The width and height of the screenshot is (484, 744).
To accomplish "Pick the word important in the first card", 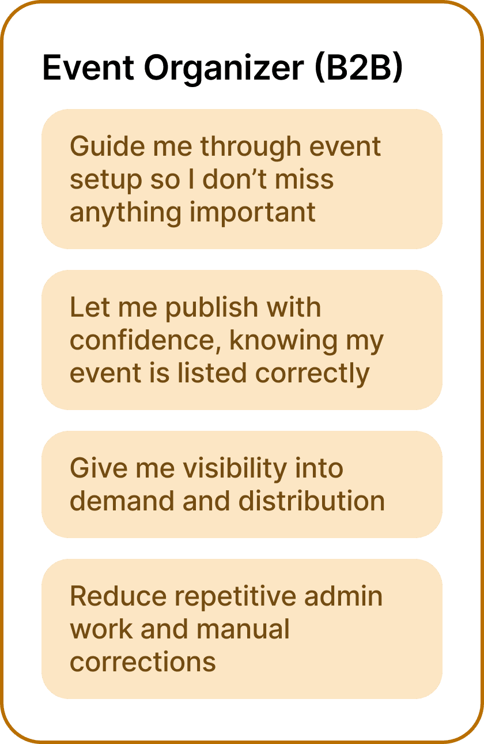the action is pos(253,213).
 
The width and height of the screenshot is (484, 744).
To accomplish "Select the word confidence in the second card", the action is pos(147,341).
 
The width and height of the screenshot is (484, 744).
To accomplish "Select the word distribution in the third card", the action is pos(312,501).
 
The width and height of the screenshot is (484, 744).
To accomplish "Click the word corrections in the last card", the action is pos(143,662).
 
